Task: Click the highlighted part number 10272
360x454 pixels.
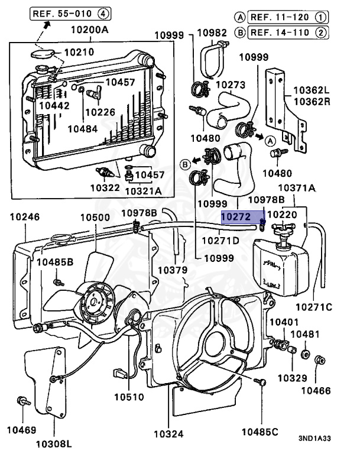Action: tap(236, 217)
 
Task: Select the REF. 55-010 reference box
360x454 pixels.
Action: tap(70, 14)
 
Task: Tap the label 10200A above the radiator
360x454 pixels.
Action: tap(90, 30)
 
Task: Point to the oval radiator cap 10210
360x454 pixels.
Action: tap(43, 54)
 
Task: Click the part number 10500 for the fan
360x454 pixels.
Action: tap(95, 218)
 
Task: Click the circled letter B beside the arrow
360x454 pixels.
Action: tap(185, 164)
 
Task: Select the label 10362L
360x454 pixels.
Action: tap(312, 90)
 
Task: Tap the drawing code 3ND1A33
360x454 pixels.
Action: tap(314, 439)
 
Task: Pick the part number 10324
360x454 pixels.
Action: tap(168, 434)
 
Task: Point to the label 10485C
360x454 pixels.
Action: tap(260, 432)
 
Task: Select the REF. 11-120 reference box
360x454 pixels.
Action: tap(288, 17)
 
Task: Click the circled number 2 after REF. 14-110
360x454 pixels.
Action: tap(320, 33)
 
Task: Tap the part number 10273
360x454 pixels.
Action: tap(231, 85)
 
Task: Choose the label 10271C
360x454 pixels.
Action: tap(314, 307)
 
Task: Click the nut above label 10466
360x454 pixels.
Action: tap(320, 360)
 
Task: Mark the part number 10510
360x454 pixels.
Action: tap(129, 397)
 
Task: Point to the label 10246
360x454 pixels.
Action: tap(25, 217)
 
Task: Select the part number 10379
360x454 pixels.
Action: tap(173, 270)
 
